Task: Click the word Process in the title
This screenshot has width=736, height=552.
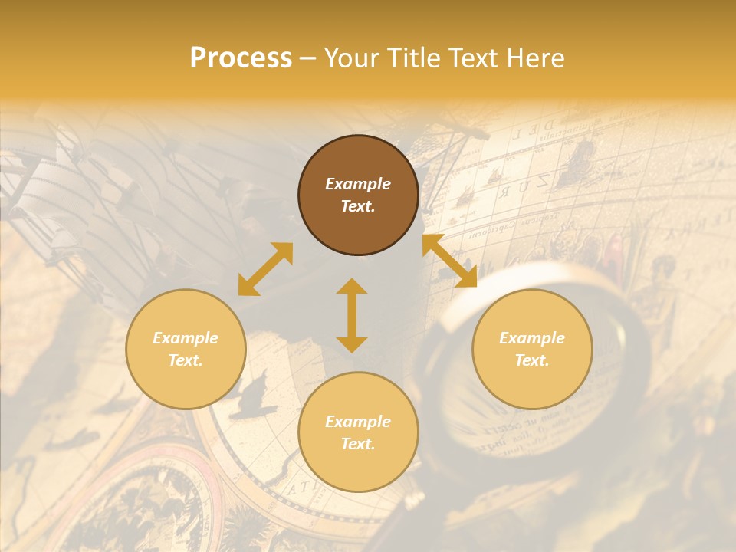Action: point(241,58)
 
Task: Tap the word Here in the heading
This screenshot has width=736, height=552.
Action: point(533,58)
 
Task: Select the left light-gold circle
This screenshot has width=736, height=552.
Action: point(186,349)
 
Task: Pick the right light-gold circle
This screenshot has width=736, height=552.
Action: point(532,349)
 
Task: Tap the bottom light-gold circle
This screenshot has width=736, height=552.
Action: point(358,432)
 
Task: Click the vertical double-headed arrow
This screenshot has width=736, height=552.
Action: point(352,315)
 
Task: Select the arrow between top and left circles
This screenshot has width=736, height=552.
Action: point(265,269)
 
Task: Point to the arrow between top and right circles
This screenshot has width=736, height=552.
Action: point(449,261)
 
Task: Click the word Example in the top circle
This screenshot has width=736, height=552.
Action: point(358,184)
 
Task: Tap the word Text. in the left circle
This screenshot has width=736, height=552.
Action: point(186,360)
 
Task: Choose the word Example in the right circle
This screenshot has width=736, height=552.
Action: point(532,338)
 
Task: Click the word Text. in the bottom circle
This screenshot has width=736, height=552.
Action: point(358,444)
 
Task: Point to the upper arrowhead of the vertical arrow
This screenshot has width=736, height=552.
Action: point(352,285)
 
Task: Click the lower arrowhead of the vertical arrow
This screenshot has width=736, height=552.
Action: point(352,344)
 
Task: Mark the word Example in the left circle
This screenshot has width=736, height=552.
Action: point(186,338)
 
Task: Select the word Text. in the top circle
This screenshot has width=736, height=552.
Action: point(358,206)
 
